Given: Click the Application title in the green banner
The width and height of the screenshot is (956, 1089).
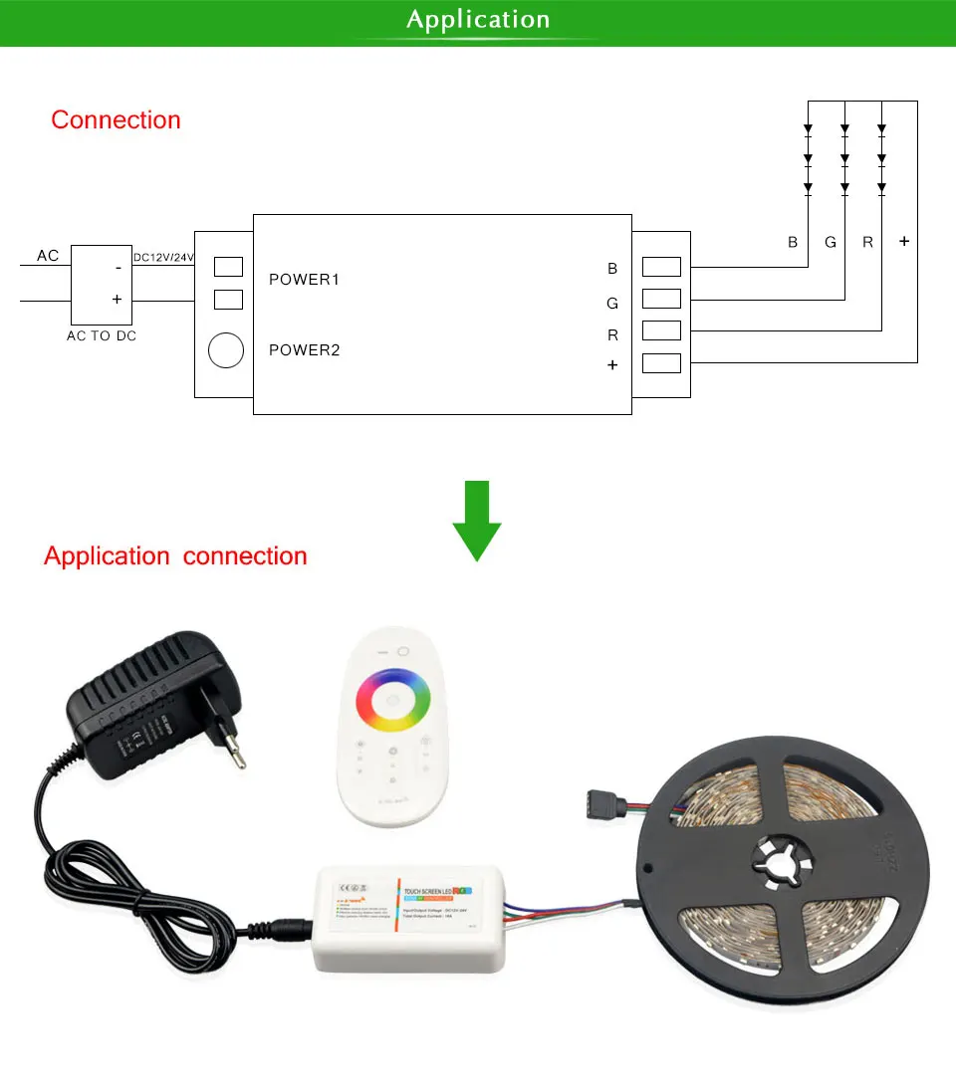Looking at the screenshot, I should (x=478, y=20).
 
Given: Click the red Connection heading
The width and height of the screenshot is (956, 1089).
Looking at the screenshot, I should (x=116, y=120).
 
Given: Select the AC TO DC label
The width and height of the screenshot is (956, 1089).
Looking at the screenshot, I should (x=101, y=336).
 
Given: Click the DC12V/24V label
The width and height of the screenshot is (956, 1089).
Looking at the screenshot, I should (x=163, y=258).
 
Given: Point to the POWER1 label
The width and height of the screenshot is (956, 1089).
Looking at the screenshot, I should (x=305, y=280).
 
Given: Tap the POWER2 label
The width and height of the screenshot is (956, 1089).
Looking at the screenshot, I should (x=305, y=350).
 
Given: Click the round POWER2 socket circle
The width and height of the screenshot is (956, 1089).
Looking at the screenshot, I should (x=226, y=350).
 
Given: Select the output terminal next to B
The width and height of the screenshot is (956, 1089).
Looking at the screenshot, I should (x=661, y=267).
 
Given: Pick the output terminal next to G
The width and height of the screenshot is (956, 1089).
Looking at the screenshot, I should (x=661, y=299).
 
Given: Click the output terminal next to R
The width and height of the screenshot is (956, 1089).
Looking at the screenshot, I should (x=661, y=330).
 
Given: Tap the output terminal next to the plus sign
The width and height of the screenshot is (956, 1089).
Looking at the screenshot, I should (x=661, y=363).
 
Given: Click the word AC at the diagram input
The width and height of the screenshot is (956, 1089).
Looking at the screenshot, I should (x=48, y=256).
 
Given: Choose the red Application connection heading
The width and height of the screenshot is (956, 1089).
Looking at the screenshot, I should (x=175, y=556).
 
